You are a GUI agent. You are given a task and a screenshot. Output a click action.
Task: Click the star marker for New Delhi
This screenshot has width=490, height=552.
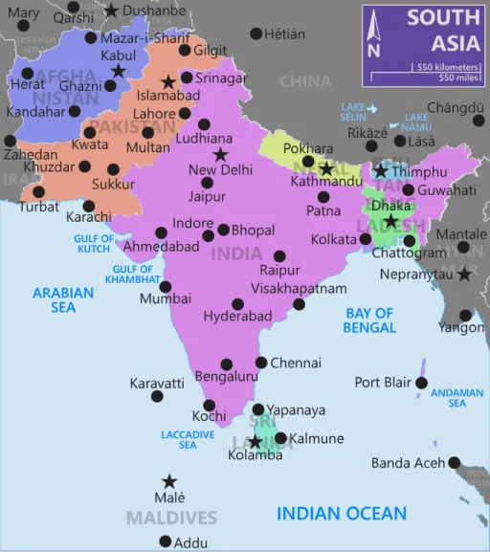coord(221,154)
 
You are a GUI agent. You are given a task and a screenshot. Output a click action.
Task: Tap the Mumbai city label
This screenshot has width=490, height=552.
coord(159,298)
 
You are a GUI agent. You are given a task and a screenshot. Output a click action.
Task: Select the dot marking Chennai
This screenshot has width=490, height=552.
coord(261,363)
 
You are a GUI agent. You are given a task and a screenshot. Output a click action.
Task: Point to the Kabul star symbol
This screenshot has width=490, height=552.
coord(118,71)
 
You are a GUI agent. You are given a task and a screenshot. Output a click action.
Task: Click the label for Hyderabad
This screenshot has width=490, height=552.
coord(232,317)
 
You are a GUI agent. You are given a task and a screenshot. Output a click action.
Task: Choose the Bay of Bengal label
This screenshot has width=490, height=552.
coord(369,320)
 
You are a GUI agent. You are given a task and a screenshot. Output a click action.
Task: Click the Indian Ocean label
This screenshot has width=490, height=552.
coord(342,514)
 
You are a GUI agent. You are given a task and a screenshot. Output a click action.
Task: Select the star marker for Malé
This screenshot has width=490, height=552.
coord(169,481)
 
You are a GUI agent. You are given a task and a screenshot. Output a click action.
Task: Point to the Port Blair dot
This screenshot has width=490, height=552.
coord(421,383)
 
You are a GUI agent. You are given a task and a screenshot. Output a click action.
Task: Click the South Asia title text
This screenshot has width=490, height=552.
coord(443,30)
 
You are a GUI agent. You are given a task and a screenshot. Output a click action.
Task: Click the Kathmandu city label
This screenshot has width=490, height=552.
coord(327,181)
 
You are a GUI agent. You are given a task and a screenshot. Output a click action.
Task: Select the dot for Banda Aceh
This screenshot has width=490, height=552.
coord(454,461)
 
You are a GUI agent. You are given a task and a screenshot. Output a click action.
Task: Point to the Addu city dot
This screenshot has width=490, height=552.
coord(166,542)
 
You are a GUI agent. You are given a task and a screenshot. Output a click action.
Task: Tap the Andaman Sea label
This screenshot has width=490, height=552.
coord(457,398)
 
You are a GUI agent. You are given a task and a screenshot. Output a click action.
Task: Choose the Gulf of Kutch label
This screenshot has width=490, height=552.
coord(94,244)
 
